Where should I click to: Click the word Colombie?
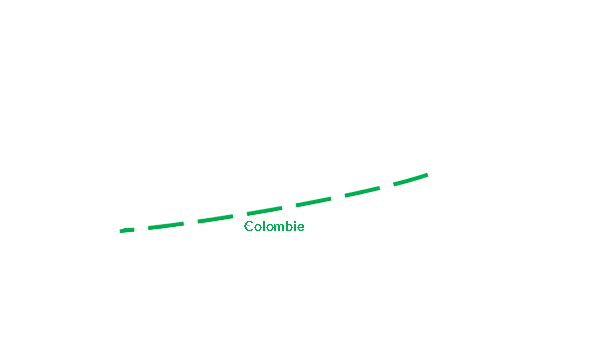click(x=274, y=226)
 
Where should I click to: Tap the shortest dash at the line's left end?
click(x=127, y=230)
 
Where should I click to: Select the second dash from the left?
click(x=166, y=226)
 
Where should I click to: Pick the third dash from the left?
click(x=215, y=219)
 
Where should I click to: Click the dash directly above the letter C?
click(x=264, y=210)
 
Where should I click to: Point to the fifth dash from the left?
click(x=313, y=202)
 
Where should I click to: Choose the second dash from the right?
click(x=362, y=191)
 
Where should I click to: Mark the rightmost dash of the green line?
click(x=411, y=179)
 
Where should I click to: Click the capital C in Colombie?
click(x=249, y=226)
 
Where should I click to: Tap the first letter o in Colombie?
click(x=258, y=228)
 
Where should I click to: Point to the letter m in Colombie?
click(x=281, y=228)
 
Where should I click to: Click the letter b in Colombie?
click(x=291, y=226)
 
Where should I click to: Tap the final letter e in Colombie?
click(x=301, y=228)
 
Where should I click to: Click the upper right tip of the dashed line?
click(x=427, y=175)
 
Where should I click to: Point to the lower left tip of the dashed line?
click(x=121, y=231)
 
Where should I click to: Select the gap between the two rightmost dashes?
click(x=386, y=186)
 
